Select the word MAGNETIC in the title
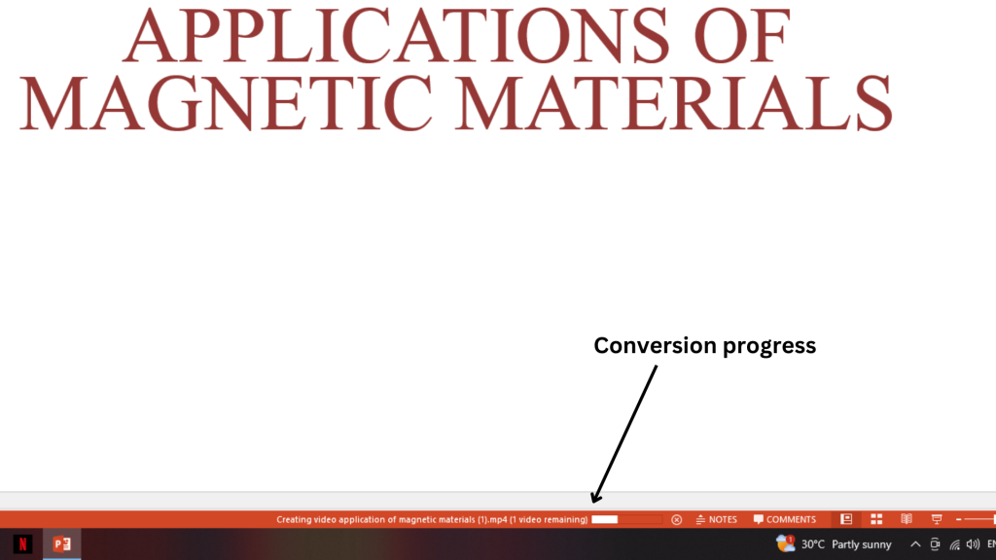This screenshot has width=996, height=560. [226, 102]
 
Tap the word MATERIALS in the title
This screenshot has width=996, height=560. [674, 102]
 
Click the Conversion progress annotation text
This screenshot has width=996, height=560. [704, 345]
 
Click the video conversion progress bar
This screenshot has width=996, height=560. [626, 519]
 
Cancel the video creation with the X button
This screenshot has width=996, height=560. [677, 519]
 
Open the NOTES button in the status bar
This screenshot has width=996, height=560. [717, 519]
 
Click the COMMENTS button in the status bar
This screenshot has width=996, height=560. [785, 519]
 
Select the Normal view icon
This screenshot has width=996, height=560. [846, 519]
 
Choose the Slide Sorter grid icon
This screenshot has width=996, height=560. [876, 519]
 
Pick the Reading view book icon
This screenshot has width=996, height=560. [907, 519]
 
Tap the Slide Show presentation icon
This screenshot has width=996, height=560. [937, 519]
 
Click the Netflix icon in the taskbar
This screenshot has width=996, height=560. [22, 544]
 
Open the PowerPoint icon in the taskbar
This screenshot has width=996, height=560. [61, 544]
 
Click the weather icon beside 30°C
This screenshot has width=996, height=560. [786, 543]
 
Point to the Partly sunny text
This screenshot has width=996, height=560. [862, 544]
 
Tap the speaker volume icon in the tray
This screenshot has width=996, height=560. [973, 544]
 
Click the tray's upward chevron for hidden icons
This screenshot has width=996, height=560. [915, 544]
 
